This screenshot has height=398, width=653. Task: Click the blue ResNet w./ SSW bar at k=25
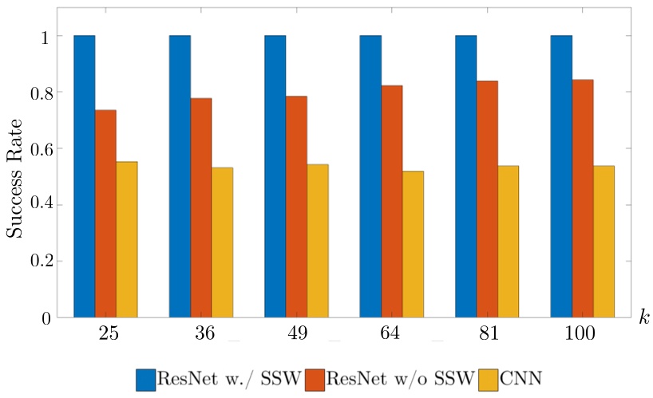pos(85,176)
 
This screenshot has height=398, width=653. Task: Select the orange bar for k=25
pos(105,214)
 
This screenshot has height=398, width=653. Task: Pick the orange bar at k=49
pos(296,207)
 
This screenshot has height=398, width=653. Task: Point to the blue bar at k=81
pos(465,176)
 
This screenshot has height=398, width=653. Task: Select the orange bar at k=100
pos(583,199)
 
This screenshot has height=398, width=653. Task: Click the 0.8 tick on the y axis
pos(40,93)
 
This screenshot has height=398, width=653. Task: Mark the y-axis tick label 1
pos(47,37)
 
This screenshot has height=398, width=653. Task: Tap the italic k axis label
pos(643,318)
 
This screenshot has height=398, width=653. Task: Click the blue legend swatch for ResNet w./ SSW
pos(144,378)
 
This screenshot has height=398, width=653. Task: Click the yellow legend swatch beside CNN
pos(488,378)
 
